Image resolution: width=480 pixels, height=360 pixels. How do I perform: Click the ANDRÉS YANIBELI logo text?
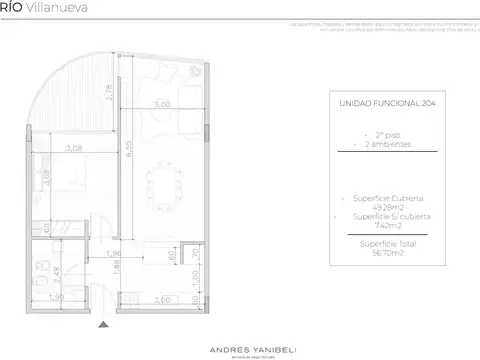239,337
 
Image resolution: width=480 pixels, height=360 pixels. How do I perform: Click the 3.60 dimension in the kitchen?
159,299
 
